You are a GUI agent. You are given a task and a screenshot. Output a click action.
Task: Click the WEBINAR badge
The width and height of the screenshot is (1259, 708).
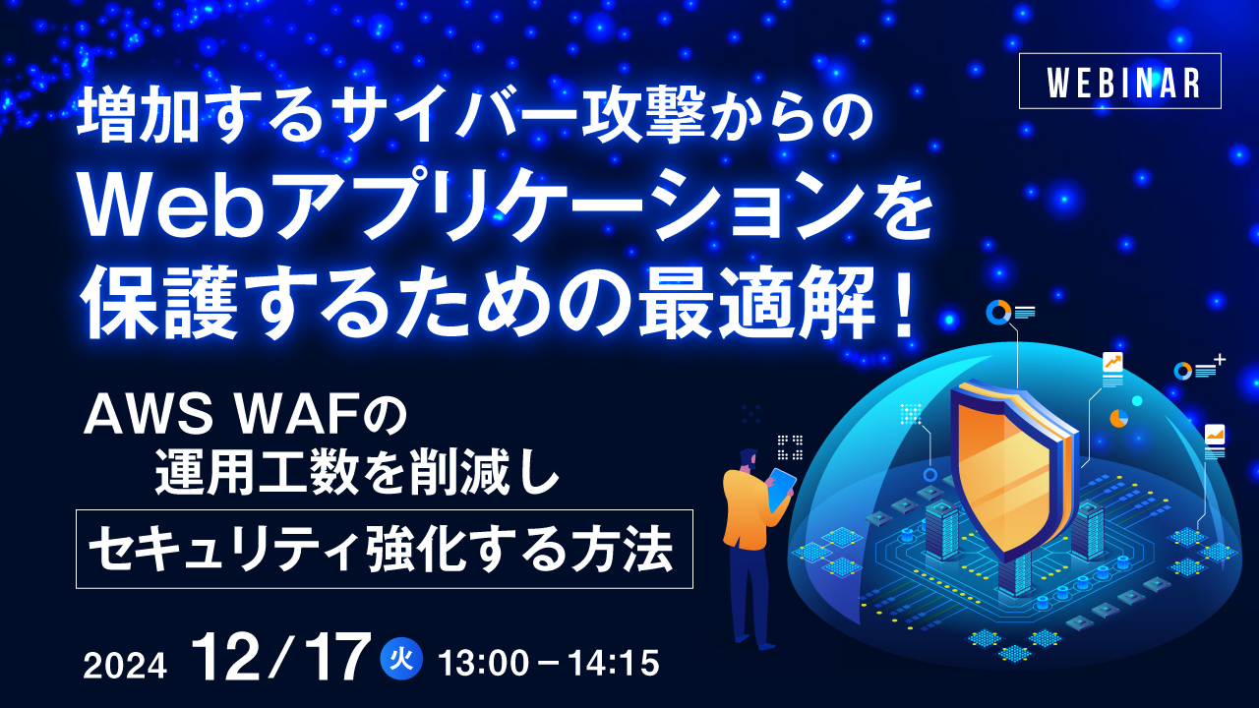click(x=1120, y=81)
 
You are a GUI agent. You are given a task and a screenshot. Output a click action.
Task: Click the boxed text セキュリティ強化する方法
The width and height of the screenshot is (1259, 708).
click(x=384, y=549)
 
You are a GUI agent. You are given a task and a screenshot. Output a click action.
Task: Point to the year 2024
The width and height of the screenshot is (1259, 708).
click(x=125, y=666)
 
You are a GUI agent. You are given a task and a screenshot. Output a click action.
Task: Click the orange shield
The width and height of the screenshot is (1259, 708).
click(x=1002, y=462)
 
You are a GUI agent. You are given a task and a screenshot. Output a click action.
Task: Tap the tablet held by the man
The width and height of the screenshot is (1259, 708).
click(x=782, y=488)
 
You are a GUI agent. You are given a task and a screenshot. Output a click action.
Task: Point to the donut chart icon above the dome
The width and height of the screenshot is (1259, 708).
click(x=998, y=313)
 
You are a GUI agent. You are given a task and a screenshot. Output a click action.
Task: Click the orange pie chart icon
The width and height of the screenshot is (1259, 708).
click(x=1118, y=418)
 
